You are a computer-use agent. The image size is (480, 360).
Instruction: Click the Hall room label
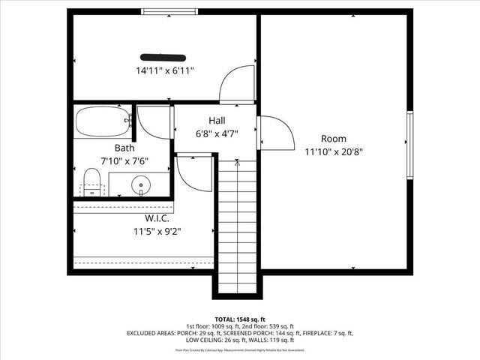pyautogui.click(x=217, y=120)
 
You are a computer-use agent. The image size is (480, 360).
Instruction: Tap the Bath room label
pyautogui.click(x=124, y=148)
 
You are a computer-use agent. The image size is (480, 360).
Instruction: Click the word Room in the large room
pyautogui.click(x=334, y=138)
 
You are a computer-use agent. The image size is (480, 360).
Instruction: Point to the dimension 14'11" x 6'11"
pyautogui.click(x=165, y=71)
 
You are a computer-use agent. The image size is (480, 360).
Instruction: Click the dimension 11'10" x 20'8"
pyautogui.click(x=334, y=151)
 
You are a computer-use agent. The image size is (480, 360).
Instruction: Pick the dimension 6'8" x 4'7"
pyautogui.click(x=217, y=133)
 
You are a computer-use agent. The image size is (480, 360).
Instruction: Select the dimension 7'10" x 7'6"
pyautogui.click(x=124, y=161)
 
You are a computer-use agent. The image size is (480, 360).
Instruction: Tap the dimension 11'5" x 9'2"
pyautogui.click(x=152, y=232)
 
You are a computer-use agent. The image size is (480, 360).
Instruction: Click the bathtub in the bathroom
pyautogui.click(x=103, y=120)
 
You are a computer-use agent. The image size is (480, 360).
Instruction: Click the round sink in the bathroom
pyautogui.click(x=140, y=184)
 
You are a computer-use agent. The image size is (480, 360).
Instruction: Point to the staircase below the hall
pyautogui.click(x=238, y=225)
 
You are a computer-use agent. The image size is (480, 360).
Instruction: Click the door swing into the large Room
pyautogui.click(x=276, y=133)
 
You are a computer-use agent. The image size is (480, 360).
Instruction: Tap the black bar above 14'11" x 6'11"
pyautogui.click(x=163, y=55)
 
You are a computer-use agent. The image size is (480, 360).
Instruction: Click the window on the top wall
pyautogui.click(x=170, y=11)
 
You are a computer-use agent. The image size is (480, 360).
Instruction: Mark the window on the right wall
pyautogui.click(x=409, y=145)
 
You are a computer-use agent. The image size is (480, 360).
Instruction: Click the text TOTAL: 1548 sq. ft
pyautogui.click(x=240, y=319)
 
